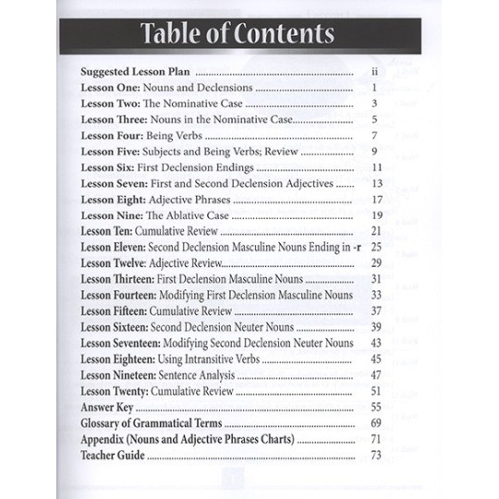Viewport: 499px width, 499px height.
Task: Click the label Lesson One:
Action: pyautogui.click(x=111, y=87)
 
